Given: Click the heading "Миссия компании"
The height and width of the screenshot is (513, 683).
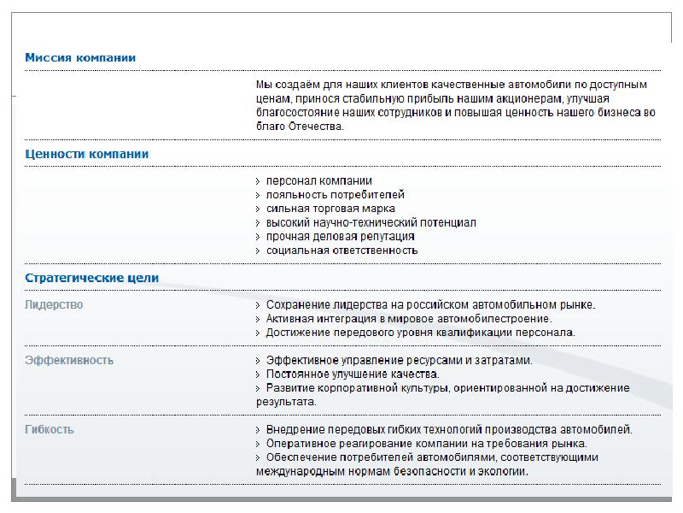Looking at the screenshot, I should tap(80, 58).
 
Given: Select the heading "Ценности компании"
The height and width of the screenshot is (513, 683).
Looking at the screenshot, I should tap(87, 155).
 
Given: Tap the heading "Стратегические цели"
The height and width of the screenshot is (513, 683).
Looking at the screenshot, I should tap(91, 279).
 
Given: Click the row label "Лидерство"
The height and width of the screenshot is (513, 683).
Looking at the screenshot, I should tap(55, 305).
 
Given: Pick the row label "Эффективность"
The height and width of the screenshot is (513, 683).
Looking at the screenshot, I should tap(69, 361).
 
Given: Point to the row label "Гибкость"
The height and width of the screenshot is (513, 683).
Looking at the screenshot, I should tap(50, 430).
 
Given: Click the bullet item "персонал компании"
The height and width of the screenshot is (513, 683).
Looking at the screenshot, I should tap(318, 181).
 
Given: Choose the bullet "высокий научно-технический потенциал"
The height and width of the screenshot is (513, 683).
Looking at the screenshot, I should tap(371, 222).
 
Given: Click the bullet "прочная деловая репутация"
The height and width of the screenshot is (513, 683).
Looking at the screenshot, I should tap(340, 236).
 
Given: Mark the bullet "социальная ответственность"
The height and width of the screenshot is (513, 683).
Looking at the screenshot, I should tap(341, 251).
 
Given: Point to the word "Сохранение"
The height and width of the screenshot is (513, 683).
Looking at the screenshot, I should tap(295, 305).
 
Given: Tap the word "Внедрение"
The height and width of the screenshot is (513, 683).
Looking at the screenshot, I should tap(293, 430).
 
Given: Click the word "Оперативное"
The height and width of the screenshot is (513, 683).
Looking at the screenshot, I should tap(298, 444).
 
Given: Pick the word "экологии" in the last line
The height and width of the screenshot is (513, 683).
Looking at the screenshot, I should tap(505, 471).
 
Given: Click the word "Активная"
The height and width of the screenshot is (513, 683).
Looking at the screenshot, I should tap(289, 319).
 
